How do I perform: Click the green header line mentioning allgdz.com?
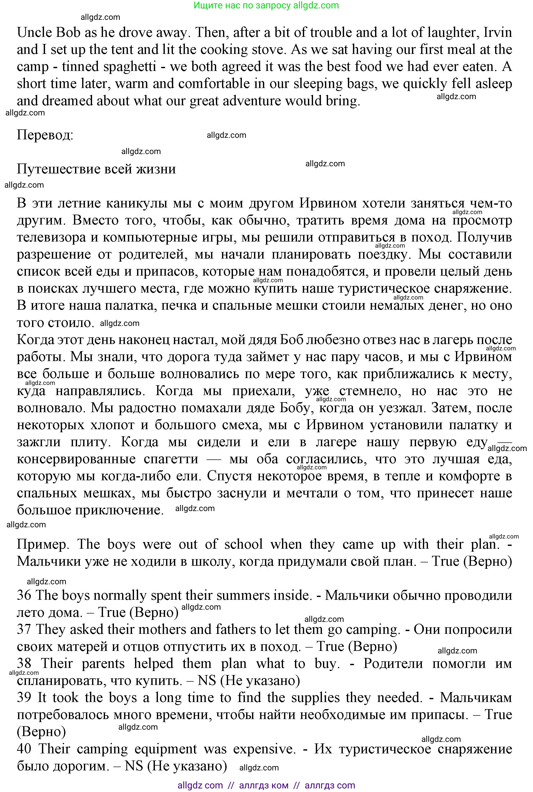tap(266, 5)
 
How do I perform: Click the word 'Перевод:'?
tap(45, 135)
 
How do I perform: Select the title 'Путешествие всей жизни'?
tap(96, 169)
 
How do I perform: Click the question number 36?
tap(24, 595)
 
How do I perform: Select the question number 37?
tap(24, 629)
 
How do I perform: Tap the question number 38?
tap(24, 663)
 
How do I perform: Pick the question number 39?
tap(24, 697)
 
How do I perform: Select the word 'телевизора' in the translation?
tap(51, 237)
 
